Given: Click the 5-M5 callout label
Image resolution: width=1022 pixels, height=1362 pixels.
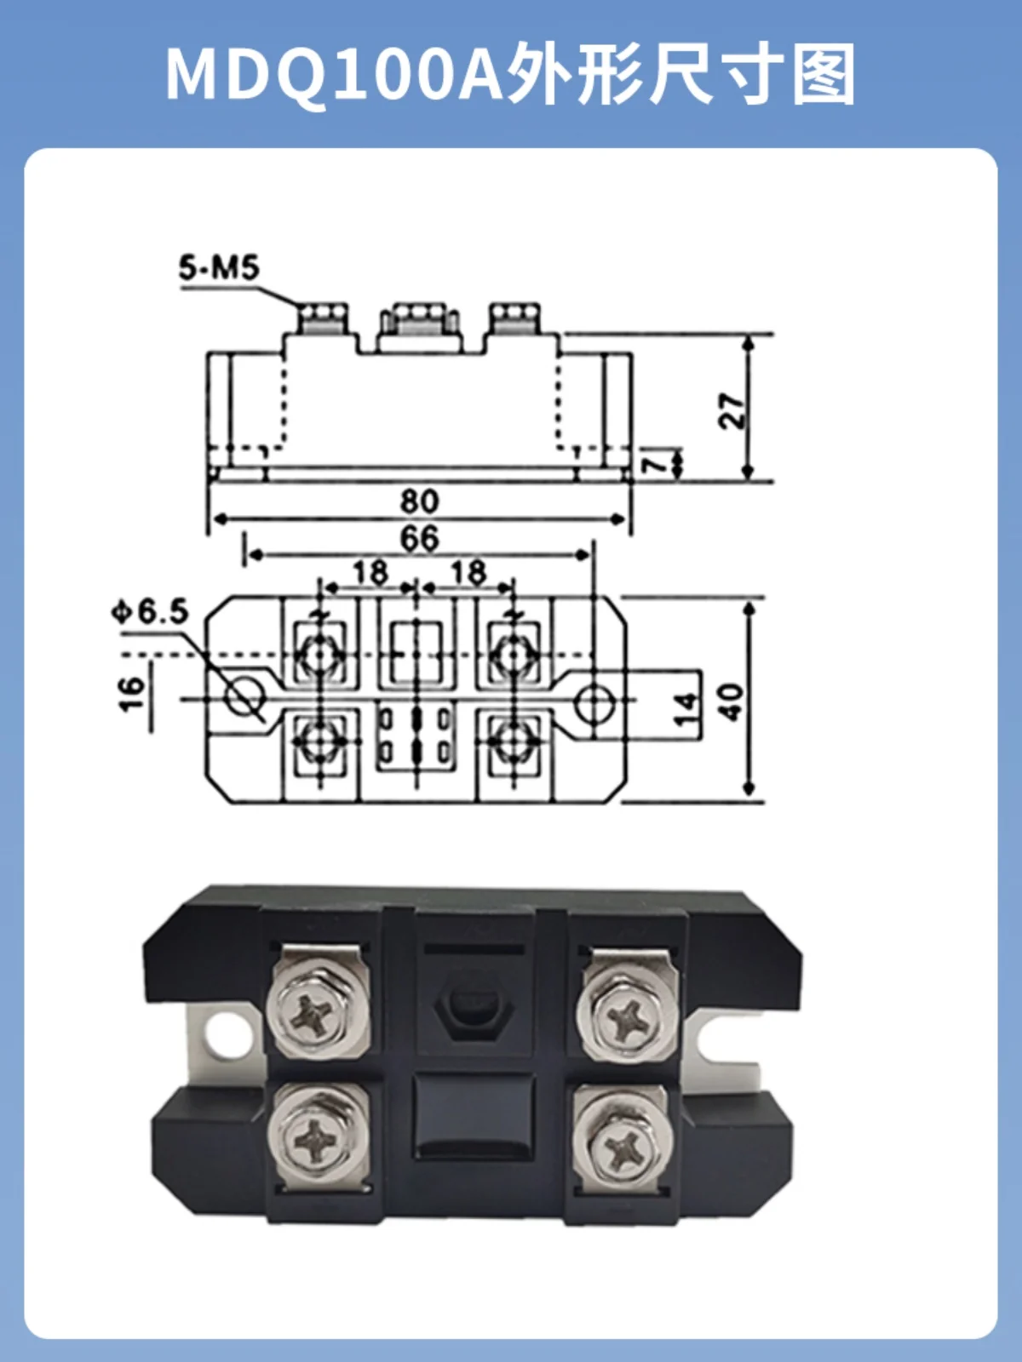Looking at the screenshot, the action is click(218, 268).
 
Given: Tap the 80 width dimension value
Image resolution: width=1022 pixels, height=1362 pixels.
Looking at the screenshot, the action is click(420, 501).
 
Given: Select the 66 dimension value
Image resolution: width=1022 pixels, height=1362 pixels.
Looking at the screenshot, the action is click(420, 538).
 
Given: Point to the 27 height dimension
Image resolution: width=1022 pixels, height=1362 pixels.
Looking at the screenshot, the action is click(732, 410).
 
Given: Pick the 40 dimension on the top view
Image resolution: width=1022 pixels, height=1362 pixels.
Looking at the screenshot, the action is click(732, 701).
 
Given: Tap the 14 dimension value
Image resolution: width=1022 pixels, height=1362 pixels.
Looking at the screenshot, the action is click(686, 709).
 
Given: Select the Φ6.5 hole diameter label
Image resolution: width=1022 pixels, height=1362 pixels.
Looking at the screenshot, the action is click(150, 612).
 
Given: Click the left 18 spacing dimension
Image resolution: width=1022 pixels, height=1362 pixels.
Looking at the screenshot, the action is click(370, 572).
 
